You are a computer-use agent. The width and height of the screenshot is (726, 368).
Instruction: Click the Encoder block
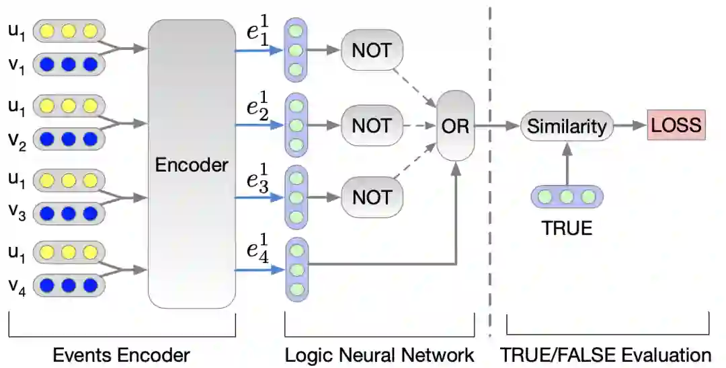click(192, 164)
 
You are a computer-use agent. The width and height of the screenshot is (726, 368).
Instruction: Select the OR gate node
click(456, 126)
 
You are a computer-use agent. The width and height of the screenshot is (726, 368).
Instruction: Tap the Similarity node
click(567, 126)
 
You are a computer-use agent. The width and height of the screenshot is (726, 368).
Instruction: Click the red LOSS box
click(676, 124)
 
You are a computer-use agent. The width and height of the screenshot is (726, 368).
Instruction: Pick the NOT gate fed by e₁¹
click(372, 50)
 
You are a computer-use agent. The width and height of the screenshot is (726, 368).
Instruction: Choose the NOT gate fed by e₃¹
click(372, 197)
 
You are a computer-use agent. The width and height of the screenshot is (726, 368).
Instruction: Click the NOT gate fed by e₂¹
click(372, 126)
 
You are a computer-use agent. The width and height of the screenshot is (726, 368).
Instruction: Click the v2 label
click(17, 141)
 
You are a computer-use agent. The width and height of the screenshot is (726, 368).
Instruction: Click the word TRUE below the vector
click(567, 228)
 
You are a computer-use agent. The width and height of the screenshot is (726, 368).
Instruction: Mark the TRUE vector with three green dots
click(567, 197)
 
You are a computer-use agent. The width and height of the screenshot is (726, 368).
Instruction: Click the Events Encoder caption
click(121, 355)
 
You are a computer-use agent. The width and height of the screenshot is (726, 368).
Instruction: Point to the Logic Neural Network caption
click(379, 355)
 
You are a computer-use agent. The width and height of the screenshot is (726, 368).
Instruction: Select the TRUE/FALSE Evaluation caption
click(606, 355)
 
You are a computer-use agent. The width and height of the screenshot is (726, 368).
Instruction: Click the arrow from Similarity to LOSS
click(630, 125)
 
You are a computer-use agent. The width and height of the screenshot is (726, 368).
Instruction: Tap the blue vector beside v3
click(69, 213)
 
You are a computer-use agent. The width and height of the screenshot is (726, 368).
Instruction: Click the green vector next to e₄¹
click(296, 270)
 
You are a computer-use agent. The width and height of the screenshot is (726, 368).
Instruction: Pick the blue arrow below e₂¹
click(259, 124)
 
